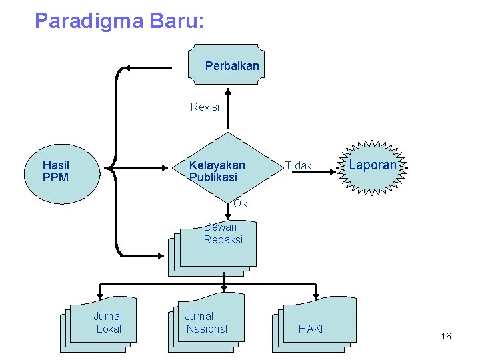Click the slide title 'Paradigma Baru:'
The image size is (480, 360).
pyautogui.click(x=119, y=21)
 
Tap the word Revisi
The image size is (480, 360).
pyautogui.click(x=205, y=107)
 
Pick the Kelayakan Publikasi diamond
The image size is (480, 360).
pyautogui.click(x=227, y=171)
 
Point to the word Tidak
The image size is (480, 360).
pyautogui.click(x=298, y=165)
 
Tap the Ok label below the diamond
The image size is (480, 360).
pyautogui.click(x=240, y=204)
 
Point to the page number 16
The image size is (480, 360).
pyautogui.click(x=446, y=337)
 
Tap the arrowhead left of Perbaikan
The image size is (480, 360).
pyautogui.click(x=132, y=67)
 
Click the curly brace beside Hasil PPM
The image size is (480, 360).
pyautogui.click(x=115, y=167)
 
